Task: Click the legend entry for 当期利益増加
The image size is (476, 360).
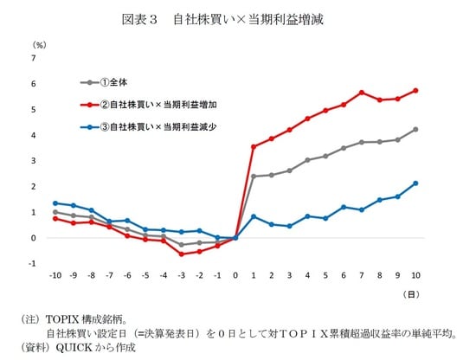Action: (157, 105)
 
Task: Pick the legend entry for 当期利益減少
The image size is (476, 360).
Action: (157, 128)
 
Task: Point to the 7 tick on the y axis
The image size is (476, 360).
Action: (34, 58)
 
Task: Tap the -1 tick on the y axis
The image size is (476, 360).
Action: (33, 264)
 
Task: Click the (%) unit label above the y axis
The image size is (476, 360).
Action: (38, 43)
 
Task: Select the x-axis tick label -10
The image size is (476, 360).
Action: (55, 276)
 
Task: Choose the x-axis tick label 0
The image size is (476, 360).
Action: (235, 276)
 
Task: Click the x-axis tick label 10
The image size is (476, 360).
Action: (416, 276)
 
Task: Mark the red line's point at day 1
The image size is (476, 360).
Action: (254, 146)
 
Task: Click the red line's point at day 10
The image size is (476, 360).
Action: (416, 90)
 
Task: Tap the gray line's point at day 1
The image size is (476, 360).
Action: (254, 177)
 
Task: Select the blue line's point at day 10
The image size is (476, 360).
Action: (416, 183)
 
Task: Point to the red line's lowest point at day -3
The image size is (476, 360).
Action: (181, 254)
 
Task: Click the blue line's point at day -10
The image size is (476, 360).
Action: (55, 203)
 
